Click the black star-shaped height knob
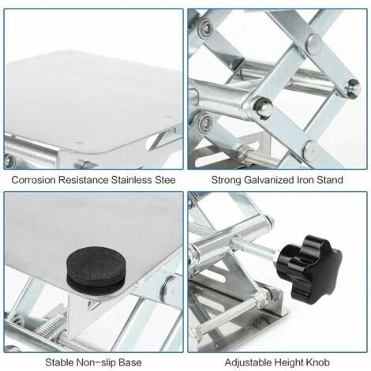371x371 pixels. coord(309,269)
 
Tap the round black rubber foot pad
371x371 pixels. coord(96,271)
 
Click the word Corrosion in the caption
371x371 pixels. coord(33,180)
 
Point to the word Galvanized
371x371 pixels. coord(268,180)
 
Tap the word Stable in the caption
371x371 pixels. coord(59,362)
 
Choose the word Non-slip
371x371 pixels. coord(96,362)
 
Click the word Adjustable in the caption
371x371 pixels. coord(248,362)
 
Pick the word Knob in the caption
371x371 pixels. coord(318,362)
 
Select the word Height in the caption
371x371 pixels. coord(289,362)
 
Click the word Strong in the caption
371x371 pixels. coord(227,180)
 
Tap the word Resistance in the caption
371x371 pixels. coord(83,180)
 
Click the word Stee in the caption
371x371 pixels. coord(164,180)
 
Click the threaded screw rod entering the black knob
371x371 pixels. coord(254,247)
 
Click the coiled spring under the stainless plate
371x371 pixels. coord(30,152)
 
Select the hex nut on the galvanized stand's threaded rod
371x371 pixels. coord(243,152)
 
